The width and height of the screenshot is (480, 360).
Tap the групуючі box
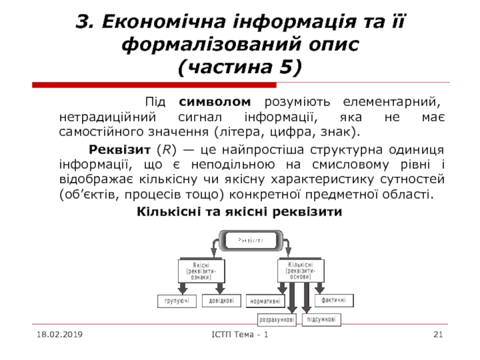pos(176,301)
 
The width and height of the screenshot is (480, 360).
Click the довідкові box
pos(221,300)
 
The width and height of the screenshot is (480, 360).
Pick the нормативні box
pos(266,301)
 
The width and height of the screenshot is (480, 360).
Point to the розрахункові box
pos(277,320)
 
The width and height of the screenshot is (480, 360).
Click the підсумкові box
pos(321,320)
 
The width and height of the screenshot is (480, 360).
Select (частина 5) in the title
pos(240,67)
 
